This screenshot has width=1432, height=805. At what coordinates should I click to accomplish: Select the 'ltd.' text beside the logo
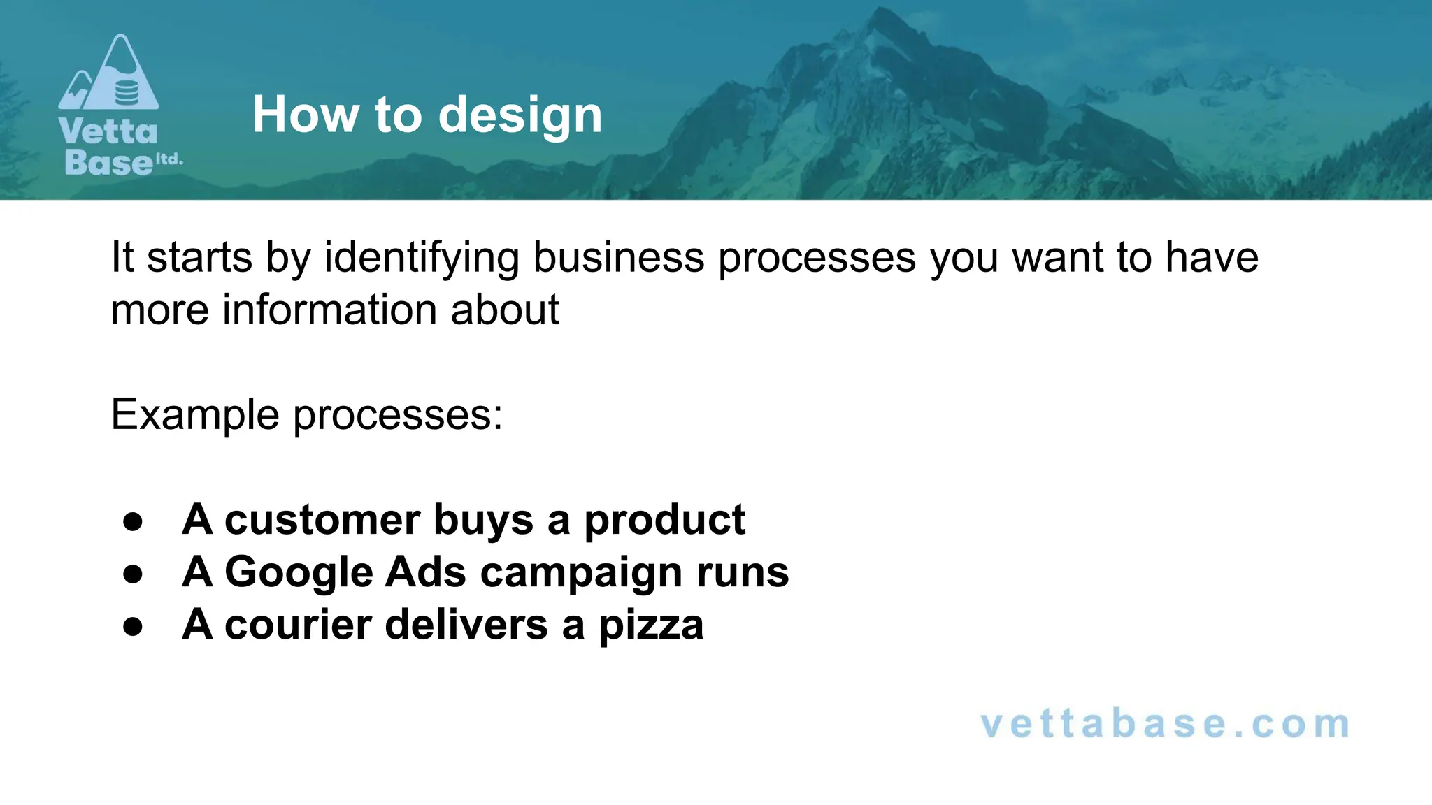169,159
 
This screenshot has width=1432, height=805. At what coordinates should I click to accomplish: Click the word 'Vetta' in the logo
108,131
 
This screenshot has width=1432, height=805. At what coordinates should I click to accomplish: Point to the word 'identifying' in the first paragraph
421,258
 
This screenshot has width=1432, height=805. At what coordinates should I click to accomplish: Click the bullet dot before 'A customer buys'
132,522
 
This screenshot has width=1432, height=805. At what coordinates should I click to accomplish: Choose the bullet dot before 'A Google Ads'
132,574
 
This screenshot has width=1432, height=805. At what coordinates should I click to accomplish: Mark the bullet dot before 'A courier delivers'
132,627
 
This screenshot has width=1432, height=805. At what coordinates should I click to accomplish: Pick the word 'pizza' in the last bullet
651,625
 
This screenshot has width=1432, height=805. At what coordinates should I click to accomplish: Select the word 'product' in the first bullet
664,521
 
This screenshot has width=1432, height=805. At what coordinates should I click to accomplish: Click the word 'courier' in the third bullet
298,624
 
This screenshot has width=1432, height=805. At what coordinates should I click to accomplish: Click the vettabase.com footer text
1165,724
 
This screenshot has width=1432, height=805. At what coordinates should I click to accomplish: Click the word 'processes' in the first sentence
817,258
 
